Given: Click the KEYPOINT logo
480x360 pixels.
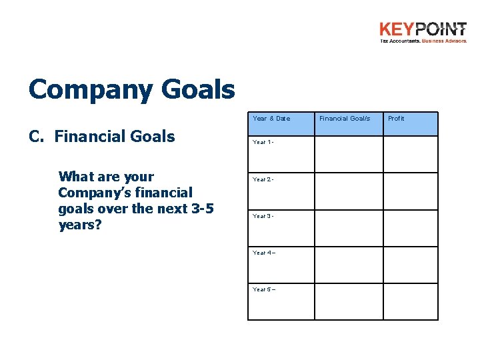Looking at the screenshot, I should (423, 32).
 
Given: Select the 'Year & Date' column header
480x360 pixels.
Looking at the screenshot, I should (271, 119).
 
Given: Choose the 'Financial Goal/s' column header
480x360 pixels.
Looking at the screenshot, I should (344, 119).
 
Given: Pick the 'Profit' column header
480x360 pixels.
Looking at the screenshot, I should (396, 119).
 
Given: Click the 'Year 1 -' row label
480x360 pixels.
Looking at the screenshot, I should (263, 143).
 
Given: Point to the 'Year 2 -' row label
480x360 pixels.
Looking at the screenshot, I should (263, 179).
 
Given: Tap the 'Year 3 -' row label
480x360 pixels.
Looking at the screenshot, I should (263, 216).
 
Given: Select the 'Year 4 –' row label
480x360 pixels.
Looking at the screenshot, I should (264, 253).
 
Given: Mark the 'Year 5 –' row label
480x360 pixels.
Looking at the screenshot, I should (264, 289).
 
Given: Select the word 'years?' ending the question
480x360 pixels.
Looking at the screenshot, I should (79, 225).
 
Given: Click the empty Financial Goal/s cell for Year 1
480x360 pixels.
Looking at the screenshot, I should (349, 154).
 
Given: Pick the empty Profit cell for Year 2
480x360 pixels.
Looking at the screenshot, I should (410, 191).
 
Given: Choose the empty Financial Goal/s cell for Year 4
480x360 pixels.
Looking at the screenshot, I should (349, 265).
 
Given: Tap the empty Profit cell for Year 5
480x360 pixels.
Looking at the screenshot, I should (410, 302).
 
